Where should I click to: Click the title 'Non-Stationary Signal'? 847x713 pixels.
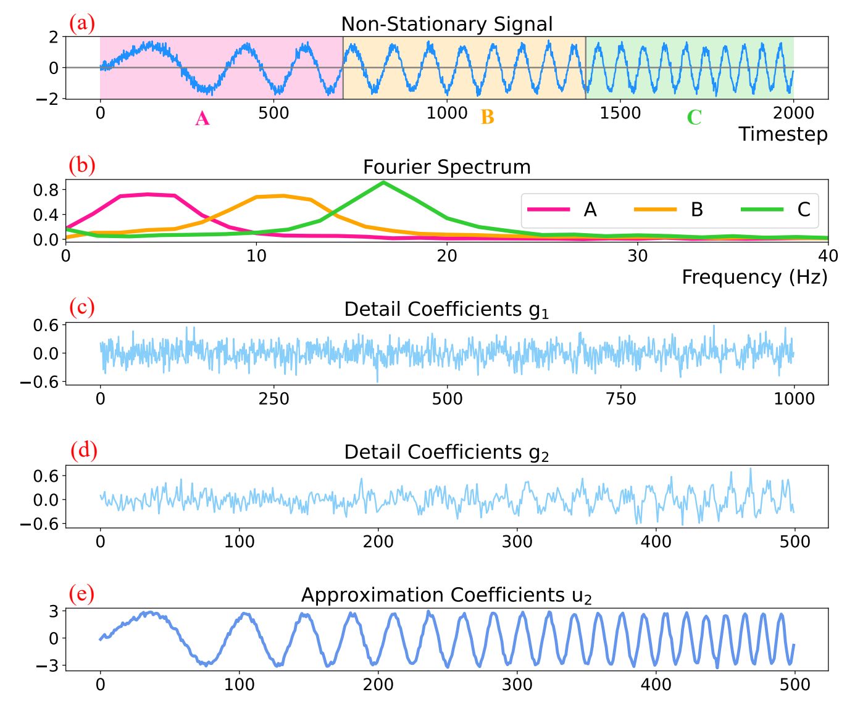446,24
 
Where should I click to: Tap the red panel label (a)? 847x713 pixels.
82,23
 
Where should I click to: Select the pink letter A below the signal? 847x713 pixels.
202,118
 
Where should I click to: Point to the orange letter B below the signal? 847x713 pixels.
487,117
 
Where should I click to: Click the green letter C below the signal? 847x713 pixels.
694,117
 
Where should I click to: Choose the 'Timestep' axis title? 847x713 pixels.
783,134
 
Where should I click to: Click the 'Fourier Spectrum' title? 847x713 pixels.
446,167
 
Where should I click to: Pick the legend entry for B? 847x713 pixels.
696,210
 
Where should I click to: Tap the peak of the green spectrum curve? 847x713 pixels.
383,183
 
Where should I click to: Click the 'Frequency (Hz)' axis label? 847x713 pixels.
754,277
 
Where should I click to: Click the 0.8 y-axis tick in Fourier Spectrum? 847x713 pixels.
46,190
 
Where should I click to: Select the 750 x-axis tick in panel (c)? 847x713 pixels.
620,399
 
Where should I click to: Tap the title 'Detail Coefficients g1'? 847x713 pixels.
446,310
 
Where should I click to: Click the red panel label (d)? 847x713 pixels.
83,451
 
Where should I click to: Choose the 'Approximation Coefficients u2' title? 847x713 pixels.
446,595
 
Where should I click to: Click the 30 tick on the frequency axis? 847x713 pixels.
638,255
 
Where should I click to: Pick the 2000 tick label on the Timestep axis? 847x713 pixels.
793,113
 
